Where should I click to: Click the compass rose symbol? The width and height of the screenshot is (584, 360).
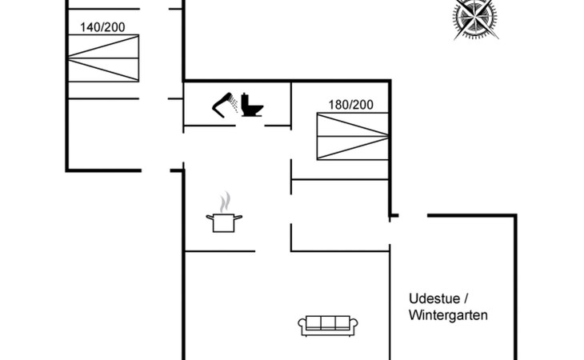[475, 18]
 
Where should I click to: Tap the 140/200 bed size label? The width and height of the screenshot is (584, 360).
[102, 27]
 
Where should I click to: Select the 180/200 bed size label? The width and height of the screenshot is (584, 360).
[350, 105]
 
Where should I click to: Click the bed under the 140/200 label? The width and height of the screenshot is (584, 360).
[103, 58]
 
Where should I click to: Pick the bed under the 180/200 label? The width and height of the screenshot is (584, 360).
[352, 136]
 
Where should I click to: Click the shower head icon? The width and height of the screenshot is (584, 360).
[222, 105]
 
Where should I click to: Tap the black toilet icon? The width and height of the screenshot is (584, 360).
[252, 105]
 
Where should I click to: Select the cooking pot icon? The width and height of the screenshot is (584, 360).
[224, 222]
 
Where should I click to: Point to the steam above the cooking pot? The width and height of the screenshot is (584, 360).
[225, 202]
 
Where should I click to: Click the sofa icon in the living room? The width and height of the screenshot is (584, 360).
[328, 326]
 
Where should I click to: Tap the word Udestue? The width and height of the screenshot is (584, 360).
[434, 298]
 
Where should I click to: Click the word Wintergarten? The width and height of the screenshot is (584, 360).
[448, 315]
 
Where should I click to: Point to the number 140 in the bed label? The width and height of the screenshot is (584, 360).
[90, 27]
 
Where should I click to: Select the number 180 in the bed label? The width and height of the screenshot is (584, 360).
[338, 105]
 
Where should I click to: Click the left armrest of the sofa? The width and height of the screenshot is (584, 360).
[302, 326]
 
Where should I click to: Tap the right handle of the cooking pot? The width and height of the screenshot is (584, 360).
[238, 218]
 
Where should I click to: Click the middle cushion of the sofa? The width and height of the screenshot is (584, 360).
[328, 322]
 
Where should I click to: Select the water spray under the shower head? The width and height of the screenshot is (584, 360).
[234, 103]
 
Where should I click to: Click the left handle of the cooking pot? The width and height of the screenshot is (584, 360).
[210, 218]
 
